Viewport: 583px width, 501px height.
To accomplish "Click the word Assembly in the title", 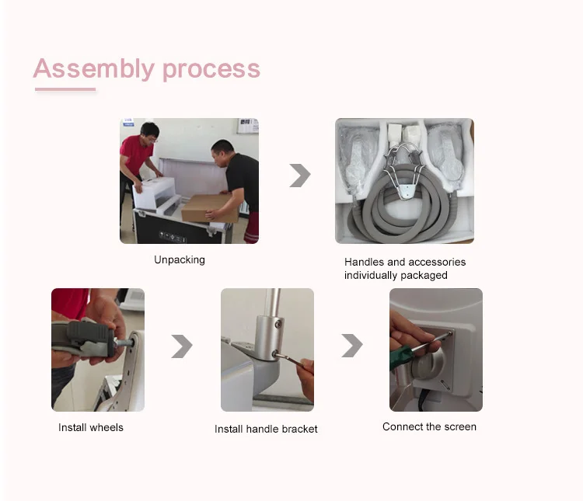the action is point(94,68).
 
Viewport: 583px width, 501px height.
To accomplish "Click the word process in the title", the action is point(211,70).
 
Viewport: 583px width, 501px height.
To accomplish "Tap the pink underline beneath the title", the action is point(65,89).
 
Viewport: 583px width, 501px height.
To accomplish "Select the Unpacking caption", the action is point(180,259).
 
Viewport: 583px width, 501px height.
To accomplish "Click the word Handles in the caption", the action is point(364,262).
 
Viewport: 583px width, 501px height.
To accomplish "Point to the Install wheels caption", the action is point(91,427).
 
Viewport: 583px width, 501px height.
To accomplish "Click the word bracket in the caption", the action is point(299,429).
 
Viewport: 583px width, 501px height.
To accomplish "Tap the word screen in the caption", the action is point(460,426).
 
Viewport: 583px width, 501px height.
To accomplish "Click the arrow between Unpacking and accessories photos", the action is point(300,175).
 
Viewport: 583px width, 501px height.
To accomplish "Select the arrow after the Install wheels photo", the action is point(182,346).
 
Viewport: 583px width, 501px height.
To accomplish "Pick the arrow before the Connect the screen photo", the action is point(352,346).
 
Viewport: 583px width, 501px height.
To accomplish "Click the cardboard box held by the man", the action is point(210,208).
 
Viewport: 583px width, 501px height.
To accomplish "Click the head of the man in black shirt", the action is point(223,151).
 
